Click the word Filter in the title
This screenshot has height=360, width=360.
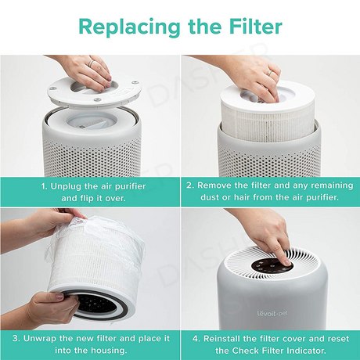click(256, 27)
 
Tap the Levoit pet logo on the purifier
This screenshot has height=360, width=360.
click(272, 313)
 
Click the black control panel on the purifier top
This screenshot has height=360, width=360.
click(272, 265)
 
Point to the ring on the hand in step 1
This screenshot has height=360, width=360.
click(91, 63)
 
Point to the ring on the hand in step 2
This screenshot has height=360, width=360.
click(270, 73)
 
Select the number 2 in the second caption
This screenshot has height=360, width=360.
click(190, 185)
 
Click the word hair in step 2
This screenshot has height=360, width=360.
click(243, 197)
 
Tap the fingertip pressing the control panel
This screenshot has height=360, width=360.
click(286, 262)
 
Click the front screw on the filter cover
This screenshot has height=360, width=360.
click(97, 100)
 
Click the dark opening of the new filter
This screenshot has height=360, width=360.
click(96, 304)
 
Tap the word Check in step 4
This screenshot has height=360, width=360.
click(246, 351)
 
